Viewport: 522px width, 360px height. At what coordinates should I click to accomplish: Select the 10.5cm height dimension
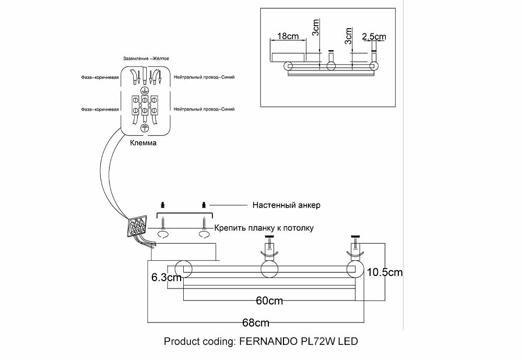click(x=385, y=272)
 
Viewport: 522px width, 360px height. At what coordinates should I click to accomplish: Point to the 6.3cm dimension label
click(x=166, y=278)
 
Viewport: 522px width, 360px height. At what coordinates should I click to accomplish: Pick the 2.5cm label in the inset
click(x=373, y=37)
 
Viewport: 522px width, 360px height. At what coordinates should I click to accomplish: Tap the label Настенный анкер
click(x=286, y=205)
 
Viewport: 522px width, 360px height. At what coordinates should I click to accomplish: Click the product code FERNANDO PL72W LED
click(x=261, y=342)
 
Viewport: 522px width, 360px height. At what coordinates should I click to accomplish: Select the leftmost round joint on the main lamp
click(x=184, y=269)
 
